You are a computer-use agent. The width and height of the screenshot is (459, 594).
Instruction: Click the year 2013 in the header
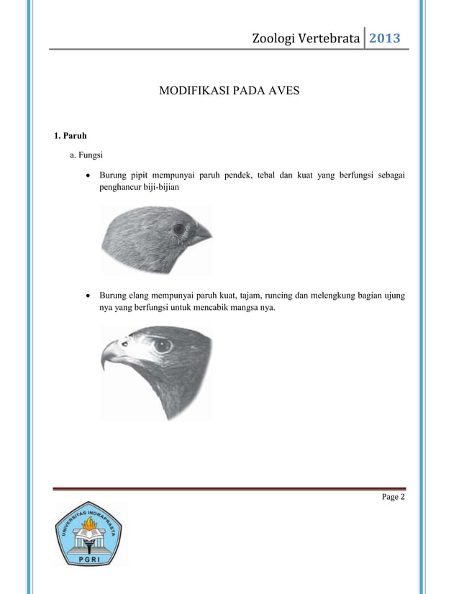[x=385, y=38]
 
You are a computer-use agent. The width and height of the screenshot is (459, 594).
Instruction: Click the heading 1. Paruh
[x=71, y=135]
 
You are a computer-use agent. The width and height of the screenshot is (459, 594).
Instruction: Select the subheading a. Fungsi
[x=86, y=155]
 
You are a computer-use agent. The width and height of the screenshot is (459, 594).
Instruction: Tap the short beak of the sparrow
[x=202, y=233]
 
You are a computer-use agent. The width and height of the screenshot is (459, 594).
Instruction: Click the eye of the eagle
[x=165, y=344]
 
